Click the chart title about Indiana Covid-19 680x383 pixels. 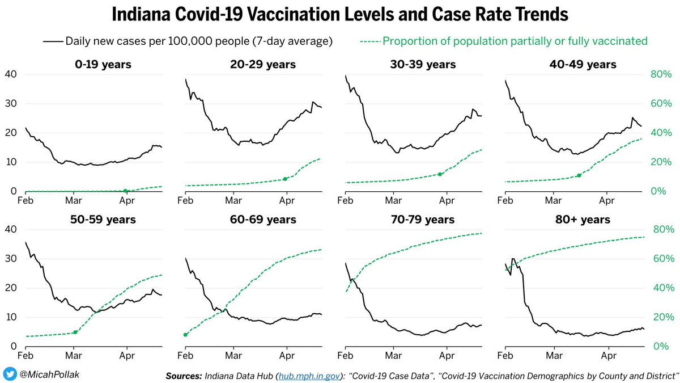(x=340, y=14)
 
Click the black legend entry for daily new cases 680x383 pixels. (x=188, y=41)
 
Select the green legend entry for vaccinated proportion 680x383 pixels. (x=504, y=41)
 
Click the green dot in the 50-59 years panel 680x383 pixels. (x=75, y=332)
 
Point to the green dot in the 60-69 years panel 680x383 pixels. (x=185, y=335)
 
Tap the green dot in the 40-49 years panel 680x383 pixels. (x=579, y=176)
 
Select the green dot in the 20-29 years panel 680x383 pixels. (x=285, y=179)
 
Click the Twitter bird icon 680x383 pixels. (x=10, y=374)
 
